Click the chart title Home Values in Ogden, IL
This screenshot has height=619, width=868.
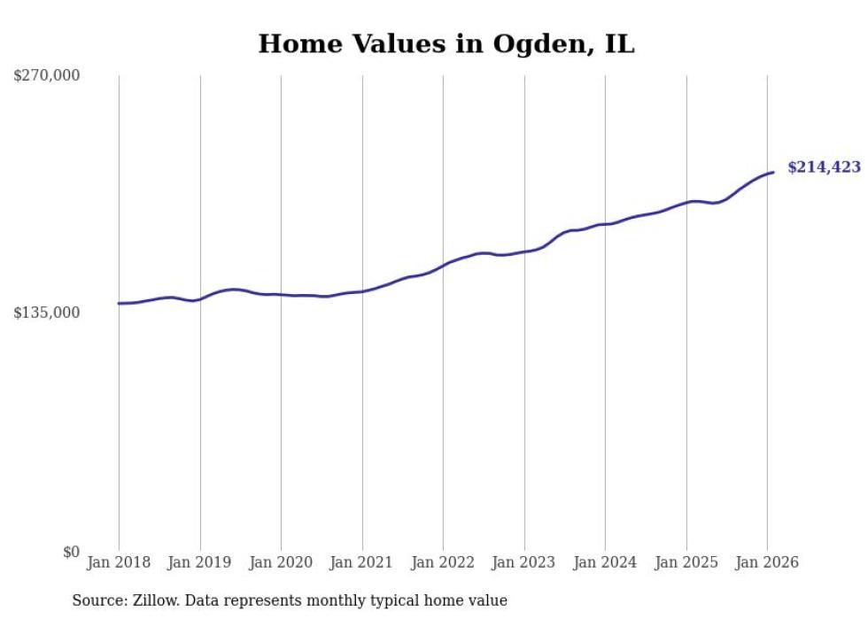pyautogui.click(x=446, y=44)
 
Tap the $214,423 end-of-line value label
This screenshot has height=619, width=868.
pyautogui.click(x=823, y=166)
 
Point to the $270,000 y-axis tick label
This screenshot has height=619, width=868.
pyautogui.click(x=47, y=76)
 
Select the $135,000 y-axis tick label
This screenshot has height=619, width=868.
pyautogui.click(x=47, y=313)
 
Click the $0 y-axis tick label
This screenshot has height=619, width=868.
pyautogui.click(x=71, y=552)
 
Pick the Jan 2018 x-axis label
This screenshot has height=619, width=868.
pyautogui.click(x=119, y=562)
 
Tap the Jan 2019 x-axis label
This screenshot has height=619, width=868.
pyautogui.click(x=200, y=562)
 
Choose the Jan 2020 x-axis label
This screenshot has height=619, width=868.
pyautogui.click(x=281, y=562)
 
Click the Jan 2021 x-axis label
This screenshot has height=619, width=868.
pyautogui.click(x=362, y=562)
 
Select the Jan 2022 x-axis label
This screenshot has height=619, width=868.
pyautogui.click(x=443, y=562)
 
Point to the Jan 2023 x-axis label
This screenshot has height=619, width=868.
pyautogui.click(x=524, y=562)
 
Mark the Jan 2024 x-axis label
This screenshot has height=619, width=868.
pyautogui.click(x=605, y=562)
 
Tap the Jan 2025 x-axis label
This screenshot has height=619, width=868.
pyautogui.click(x=686, y=562)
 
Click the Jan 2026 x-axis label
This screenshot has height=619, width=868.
pyautogui.click(x=767, y=562)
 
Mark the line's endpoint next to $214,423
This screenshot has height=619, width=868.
pyautogui.click(x=773, y=172)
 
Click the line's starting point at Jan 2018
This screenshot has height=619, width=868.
pyautogui.click(x=119, y=304)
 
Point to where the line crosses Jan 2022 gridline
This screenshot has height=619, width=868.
pyautogui.click(x=443, y=265)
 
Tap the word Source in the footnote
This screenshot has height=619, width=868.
pyautogui.click(x=97, y=601)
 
